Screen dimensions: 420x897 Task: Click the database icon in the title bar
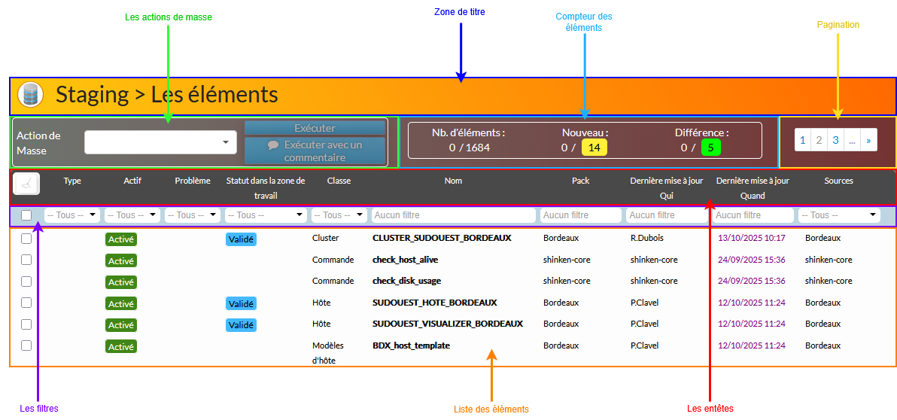coord(30,95)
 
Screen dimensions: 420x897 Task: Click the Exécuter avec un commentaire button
coord(315,151)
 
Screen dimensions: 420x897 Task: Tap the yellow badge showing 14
coord(594,148)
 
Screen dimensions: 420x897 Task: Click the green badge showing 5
coord(710,148)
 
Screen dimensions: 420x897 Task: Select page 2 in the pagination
coord(819,140)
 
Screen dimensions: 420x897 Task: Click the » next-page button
coord(868,140)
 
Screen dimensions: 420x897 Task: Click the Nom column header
coord(453,181)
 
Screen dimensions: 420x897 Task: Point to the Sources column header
coord(838,181)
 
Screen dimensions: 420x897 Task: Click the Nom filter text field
coord(453,215)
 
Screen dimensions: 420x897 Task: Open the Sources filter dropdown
coord(839,215)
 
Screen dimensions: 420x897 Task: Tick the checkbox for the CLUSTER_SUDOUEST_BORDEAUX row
coord(26,239)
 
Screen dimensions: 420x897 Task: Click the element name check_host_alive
coord(405,260)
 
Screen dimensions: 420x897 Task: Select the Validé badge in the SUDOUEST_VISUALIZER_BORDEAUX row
coord(241,325)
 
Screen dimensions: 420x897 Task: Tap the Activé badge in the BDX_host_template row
coord(120,347)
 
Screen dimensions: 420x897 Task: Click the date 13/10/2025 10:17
coord(751,238)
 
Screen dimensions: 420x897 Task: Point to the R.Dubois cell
coord(646,238)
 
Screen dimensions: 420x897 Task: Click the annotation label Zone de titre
coord(460,12)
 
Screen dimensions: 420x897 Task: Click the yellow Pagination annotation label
coord(838,25)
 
